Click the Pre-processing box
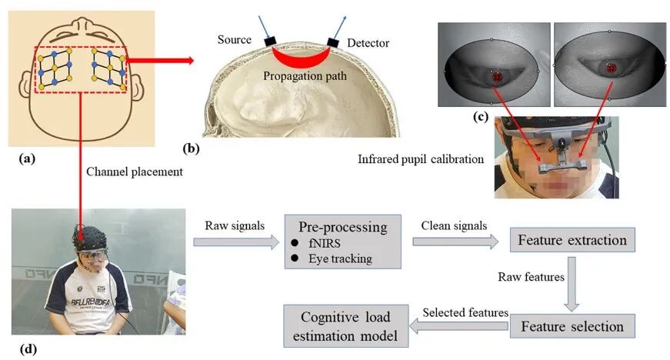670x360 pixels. [342, 242]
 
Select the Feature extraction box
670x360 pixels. [572, 240]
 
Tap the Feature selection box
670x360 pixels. [572, 326]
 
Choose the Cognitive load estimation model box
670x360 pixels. [345, 326]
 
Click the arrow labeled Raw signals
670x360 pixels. [236, 242]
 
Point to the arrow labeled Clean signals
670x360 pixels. [455, 242]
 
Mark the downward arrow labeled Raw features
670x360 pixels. [572, 284]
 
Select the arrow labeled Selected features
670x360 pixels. [459, 327]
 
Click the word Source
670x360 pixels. [234, 40]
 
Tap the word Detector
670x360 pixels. [368, 43]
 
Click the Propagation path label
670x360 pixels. [305, 76]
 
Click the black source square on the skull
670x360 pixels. [271, 42]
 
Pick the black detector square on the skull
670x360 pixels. [333, 42]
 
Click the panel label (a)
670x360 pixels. [27, 159]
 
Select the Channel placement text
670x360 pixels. [134, 172]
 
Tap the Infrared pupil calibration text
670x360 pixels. [421, 159]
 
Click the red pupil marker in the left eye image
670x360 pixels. [497, 77]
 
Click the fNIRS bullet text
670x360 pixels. [325, 243]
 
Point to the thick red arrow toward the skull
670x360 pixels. [160, 60]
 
